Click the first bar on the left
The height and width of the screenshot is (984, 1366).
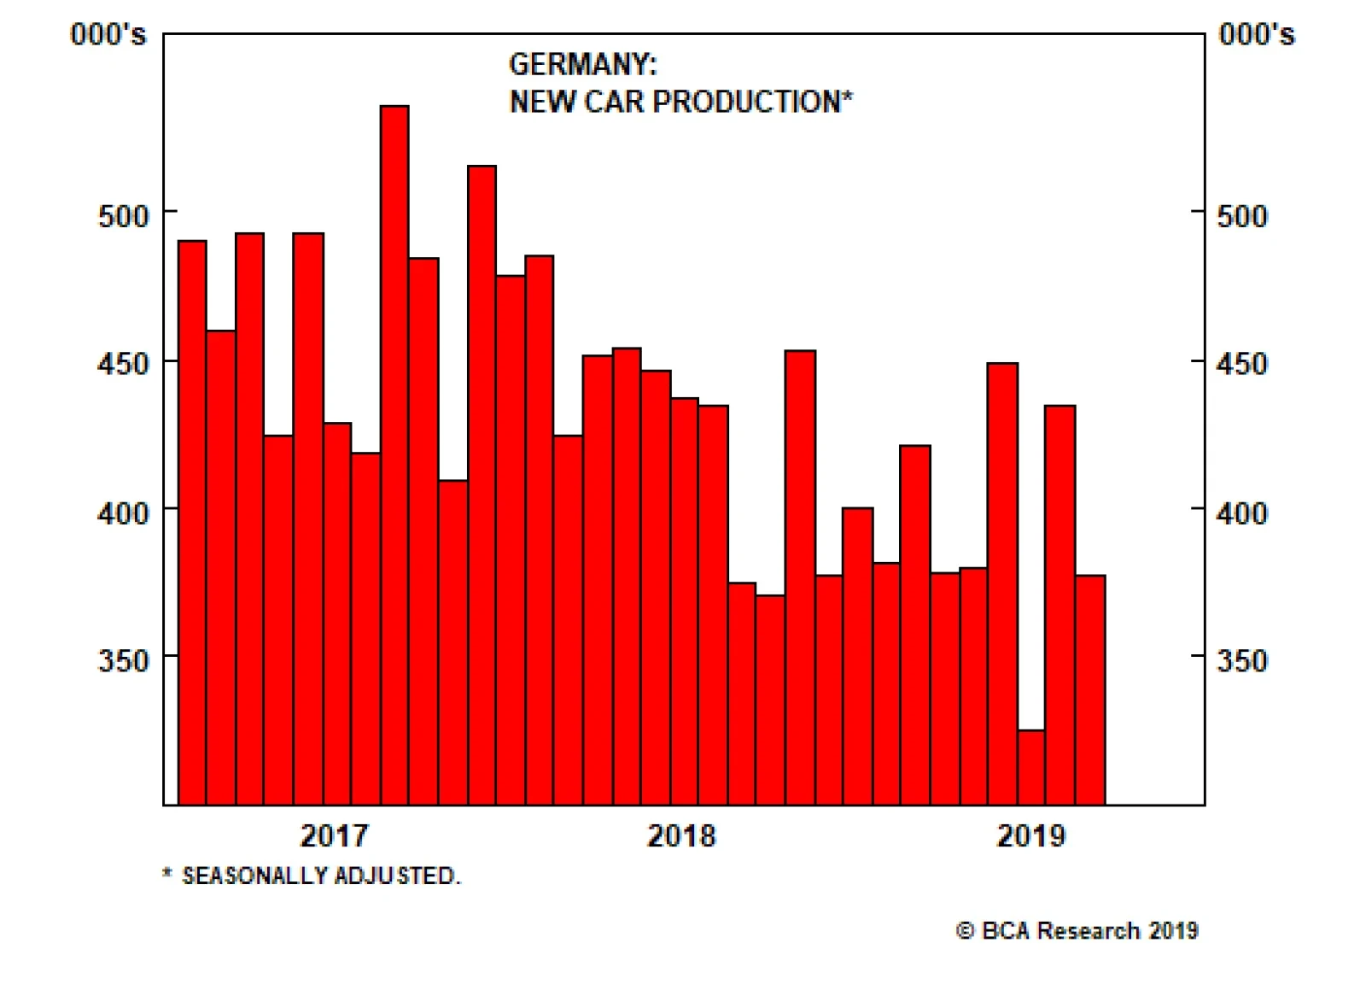pyautogui.click(x=192, y=522)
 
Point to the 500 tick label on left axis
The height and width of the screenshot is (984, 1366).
pyautogui.click(x=123, y=215)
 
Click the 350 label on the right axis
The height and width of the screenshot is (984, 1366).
pyautogui.click(x=1241, y=660)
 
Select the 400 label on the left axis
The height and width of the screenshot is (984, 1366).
pyautogui.click(x=123, y=513)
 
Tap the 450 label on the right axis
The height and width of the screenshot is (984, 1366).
pyautogui.click(x=1241, y=364)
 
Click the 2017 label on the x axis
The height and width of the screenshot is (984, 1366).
pyautogui.click(x=334, y=835)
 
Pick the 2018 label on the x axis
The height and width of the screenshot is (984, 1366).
pyautogui.click(x=681, y=835)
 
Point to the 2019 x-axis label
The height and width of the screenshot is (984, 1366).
pyautogui.click(x=1030, y=835)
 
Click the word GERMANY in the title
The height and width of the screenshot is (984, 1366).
pyautogui.click(x=581, y=64)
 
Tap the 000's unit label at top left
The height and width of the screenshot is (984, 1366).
pyautogui.click(x=108, y=34)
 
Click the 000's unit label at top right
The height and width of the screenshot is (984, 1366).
pyautogui.click(x=1257, y=34)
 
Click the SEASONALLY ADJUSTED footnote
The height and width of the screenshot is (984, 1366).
pyautogui.click(x=319, y=876)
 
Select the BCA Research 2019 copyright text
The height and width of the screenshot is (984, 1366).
pyautogui.click(x=1077, y=930)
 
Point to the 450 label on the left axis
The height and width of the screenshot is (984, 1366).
pyautogui.click(x=123, y=364)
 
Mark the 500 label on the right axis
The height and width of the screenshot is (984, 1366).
pyautogui.click(x=1241, y=215)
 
